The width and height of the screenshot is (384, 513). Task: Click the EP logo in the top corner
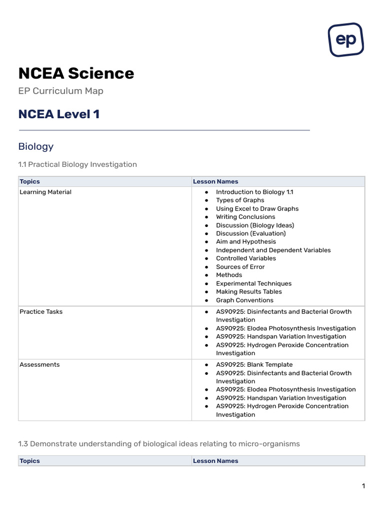pyautogui.click(x=345, y=40)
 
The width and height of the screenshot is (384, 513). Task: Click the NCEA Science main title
pyautogui.click(x=76, y=73)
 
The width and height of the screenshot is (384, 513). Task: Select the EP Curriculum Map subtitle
pyautogui.click(x=60, y=91)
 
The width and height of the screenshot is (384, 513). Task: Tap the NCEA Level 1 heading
pyautogui.click(x=59, y=114)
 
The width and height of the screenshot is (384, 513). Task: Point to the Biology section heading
pyautogui.click(x=35, y=146)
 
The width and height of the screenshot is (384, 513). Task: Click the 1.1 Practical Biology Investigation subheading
pyautogui.click(x=77, y=164)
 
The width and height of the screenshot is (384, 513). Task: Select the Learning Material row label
pyautogui.click(x=45, y=192)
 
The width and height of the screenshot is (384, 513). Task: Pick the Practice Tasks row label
pyautogui.click(x=41, y=312)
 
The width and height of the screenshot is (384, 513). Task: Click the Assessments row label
pyautogui.click(x=39, y=365)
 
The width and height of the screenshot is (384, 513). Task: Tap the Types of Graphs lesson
pyautogui.click(x=240, y=200)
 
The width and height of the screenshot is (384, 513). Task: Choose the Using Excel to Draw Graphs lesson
pyautogui.click(x=257, y=209)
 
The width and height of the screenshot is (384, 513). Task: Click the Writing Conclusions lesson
pyautogui.click(x=245, y=217)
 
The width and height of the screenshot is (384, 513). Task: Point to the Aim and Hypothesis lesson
pyautogui.click(x=245, y=241)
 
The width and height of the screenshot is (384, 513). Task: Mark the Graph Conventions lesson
pyautogui.click(x=244, y=300)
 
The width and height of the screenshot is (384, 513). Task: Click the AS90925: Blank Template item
pyautogui.click(x=254, y=365)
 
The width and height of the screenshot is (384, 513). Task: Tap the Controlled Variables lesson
pyautogui.click(x=245, y=259)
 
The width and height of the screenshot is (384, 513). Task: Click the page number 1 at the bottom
pyautogui.click(x=363, y=486)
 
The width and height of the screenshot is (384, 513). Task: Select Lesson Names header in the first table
pyautogui.click(x=215, y=181)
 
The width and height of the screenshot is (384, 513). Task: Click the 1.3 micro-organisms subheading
pyautogui.click(x=159, y=444)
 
